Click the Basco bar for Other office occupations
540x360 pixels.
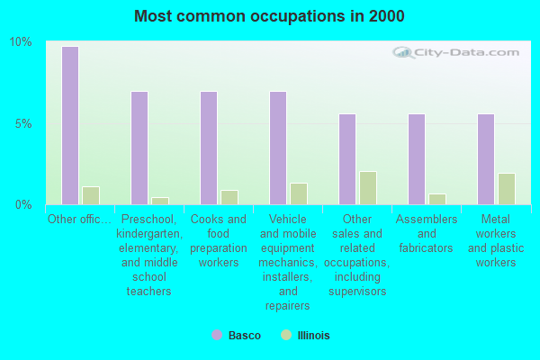coord(69,125)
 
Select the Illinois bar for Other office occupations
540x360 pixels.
coord(90,195)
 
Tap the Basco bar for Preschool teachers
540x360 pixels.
coord(139,148)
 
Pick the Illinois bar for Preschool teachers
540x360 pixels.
coord(159,201)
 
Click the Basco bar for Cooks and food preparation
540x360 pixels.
coord(208,148)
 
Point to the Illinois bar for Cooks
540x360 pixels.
coord(229,197)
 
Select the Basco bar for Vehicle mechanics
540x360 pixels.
coord(277,148)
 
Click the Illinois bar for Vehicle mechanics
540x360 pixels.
coord(298,193)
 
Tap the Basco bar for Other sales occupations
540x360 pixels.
coord(346,159)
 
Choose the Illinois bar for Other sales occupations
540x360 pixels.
coord(367,188)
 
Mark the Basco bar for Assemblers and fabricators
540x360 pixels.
coord(416,159)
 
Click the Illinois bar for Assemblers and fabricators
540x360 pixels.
coord(436,199)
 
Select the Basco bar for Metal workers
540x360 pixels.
coord(485,159)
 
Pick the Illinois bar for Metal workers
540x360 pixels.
coord(506,189)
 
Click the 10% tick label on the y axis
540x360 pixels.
coord(20,42)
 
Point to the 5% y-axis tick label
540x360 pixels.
coord(22,123)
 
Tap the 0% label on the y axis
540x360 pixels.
coord(22,204)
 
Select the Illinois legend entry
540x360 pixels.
coord(306,336)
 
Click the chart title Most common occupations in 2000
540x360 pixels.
coord(269,16)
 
